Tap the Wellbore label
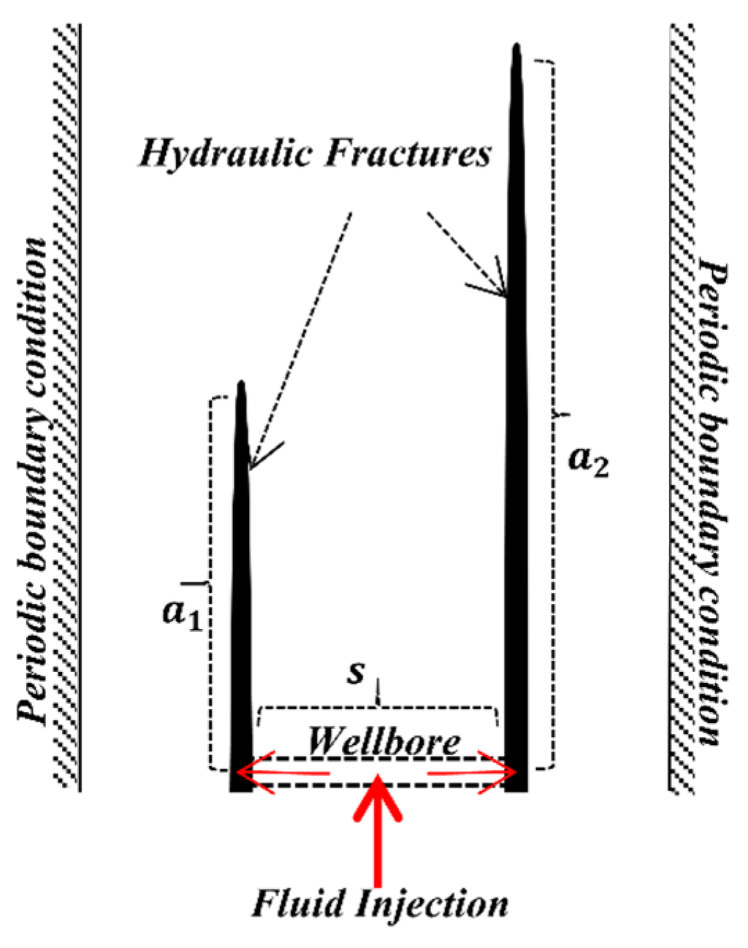click(383, 742)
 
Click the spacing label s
click(356, 672)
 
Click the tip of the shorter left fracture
click(240, 383)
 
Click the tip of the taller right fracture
click(516, 47)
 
